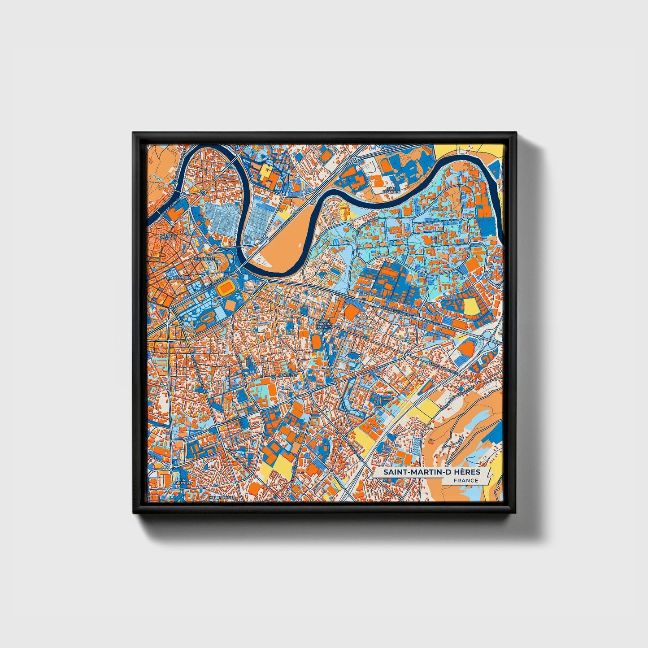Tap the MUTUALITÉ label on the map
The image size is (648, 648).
204,259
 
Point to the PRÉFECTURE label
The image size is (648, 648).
178,278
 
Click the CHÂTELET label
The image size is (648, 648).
287,375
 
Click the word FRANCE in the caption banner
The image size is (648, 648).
465,480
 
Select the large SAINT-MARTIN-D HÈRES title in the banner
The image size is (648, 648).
431,472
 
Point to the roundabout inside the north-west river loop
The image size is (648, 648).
203,192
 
